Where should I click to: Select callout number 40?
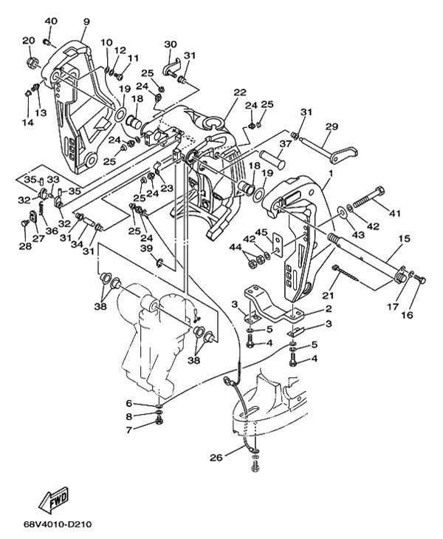pos(51,21)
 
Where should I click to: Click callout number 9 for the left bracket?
pos(86,21)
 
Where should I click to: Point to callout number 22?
pos(240,92)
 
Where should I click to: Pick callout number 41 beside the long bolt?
pos(394,214)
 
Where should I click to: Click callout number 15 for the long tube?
pos(405,238)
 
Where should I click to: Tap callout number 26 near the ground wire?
pos(216,458)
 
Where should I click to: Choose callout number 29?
pos(332,126)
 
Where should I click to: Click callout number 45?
pos(261,233)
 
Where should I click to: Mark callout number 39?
pos(146,248)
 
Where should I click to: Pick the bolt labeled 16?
pos(420,279)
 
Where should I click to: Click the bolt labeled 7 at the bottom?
pos(159,420)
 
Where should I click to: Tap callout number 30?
pos(171,44)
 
